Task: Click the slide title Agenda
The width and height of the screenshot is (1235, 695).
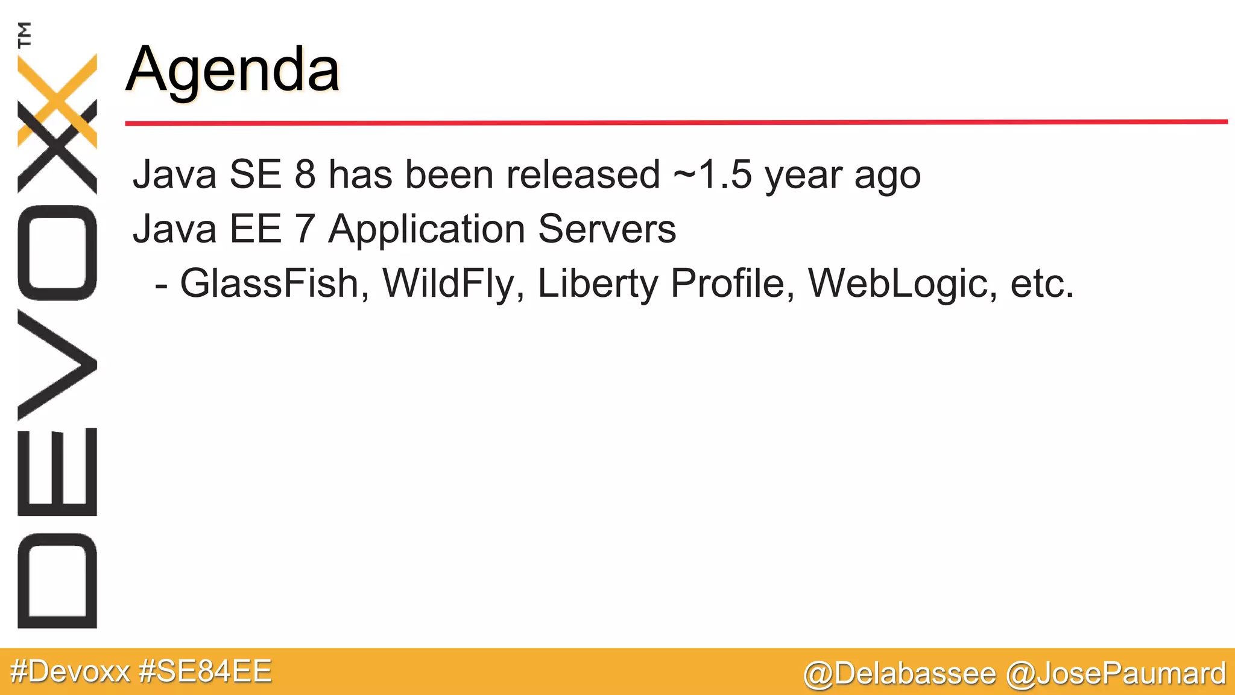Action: pyautogui.click(x=233, y=70)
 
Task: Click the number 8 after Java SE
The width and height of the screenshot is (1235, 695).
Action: pyautogui.click(x=305, y=175)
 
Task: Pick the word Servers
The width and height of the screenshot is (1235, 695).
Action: pyautogui.click(x=607, y=229)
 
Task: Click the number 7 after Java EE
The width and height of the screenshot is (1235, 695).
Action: pyautogui.click(x=305, y=229)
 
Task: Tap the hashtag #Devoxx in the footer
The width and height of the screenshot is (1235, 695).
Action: pyautogui.click(x=70, y=671)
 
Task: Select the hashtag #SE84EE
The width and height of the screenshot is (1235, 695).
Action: pyautogui.click(x=205, y=671)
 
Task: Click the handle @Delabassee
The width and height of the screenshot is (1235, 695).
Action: pyautogui.click(x=899, y=673)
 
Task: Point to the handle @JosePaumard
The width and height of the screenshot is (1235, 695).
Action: pyautogui.click(x=1116, y=673)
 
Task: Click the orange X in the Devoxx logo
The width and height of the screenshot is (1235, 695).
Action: pyautogui.click(x=57, y=100)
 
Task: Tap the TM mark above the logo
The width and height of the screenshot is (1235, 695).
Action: pyautogui.click(x=25, y=34)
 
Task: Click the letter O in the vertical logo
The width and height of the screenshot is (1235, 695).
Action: pyautogui.click(x=57, y=253)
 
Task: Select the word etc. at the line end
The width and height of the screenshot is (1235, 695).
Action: pyautogui.click(x=1042, y=284)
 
